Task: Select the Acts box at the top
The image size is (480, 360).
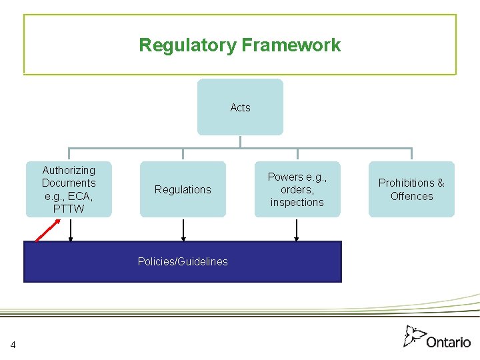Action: click(x=240, y=107)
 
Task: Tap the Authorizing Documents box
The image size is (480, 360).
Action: click(x=69, y=189)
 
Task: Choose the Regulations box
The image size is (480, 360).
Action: click(x=183, y=189)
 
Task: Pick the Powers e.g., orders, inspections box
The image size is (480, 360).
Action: click(x=297, y=189)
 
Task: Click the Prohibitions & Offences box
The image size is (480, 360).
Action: click(x=411, y=189)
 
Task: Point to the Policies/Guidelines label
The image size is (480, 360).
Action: click(x=183, y=261)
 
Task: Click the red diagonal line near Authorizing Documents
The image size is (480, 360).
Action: click(x=45, y=231)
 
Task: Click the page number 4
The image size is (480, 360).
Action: click(x=13, y=344)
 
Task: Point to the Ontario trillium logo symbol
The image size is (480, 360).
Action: click(x=414, y=336)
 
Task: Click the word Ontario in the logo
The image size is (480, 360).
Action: click(x=448, y=341)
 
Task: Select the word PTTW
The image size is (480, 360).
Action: click(x=69, y=209)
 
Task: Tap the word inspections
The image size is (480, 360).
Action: click(x=297, y=202)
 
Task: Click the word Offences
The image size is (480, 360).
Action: click(x=411, y=196)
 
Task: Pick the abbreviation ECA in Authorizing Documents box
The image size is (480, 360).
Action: click(x=81, y=196)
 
